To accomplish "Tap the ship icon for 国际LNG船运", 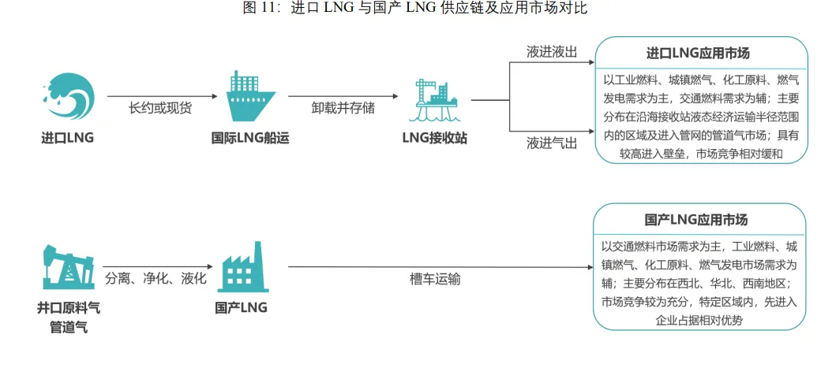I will click(250, 97).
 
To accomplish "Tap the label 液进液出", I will click(552, 52).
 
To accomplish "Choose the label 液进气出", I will click(552, 143).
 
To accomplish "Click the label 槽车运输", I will click(435, 279).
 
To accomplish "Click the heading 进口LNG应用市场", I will click(698, 54).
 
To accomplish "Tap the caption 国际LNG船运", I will click(250, 139).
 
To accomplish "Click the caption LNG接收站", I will click(434, 139).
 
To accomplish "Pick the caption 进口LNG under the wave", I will click(67, 139).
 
